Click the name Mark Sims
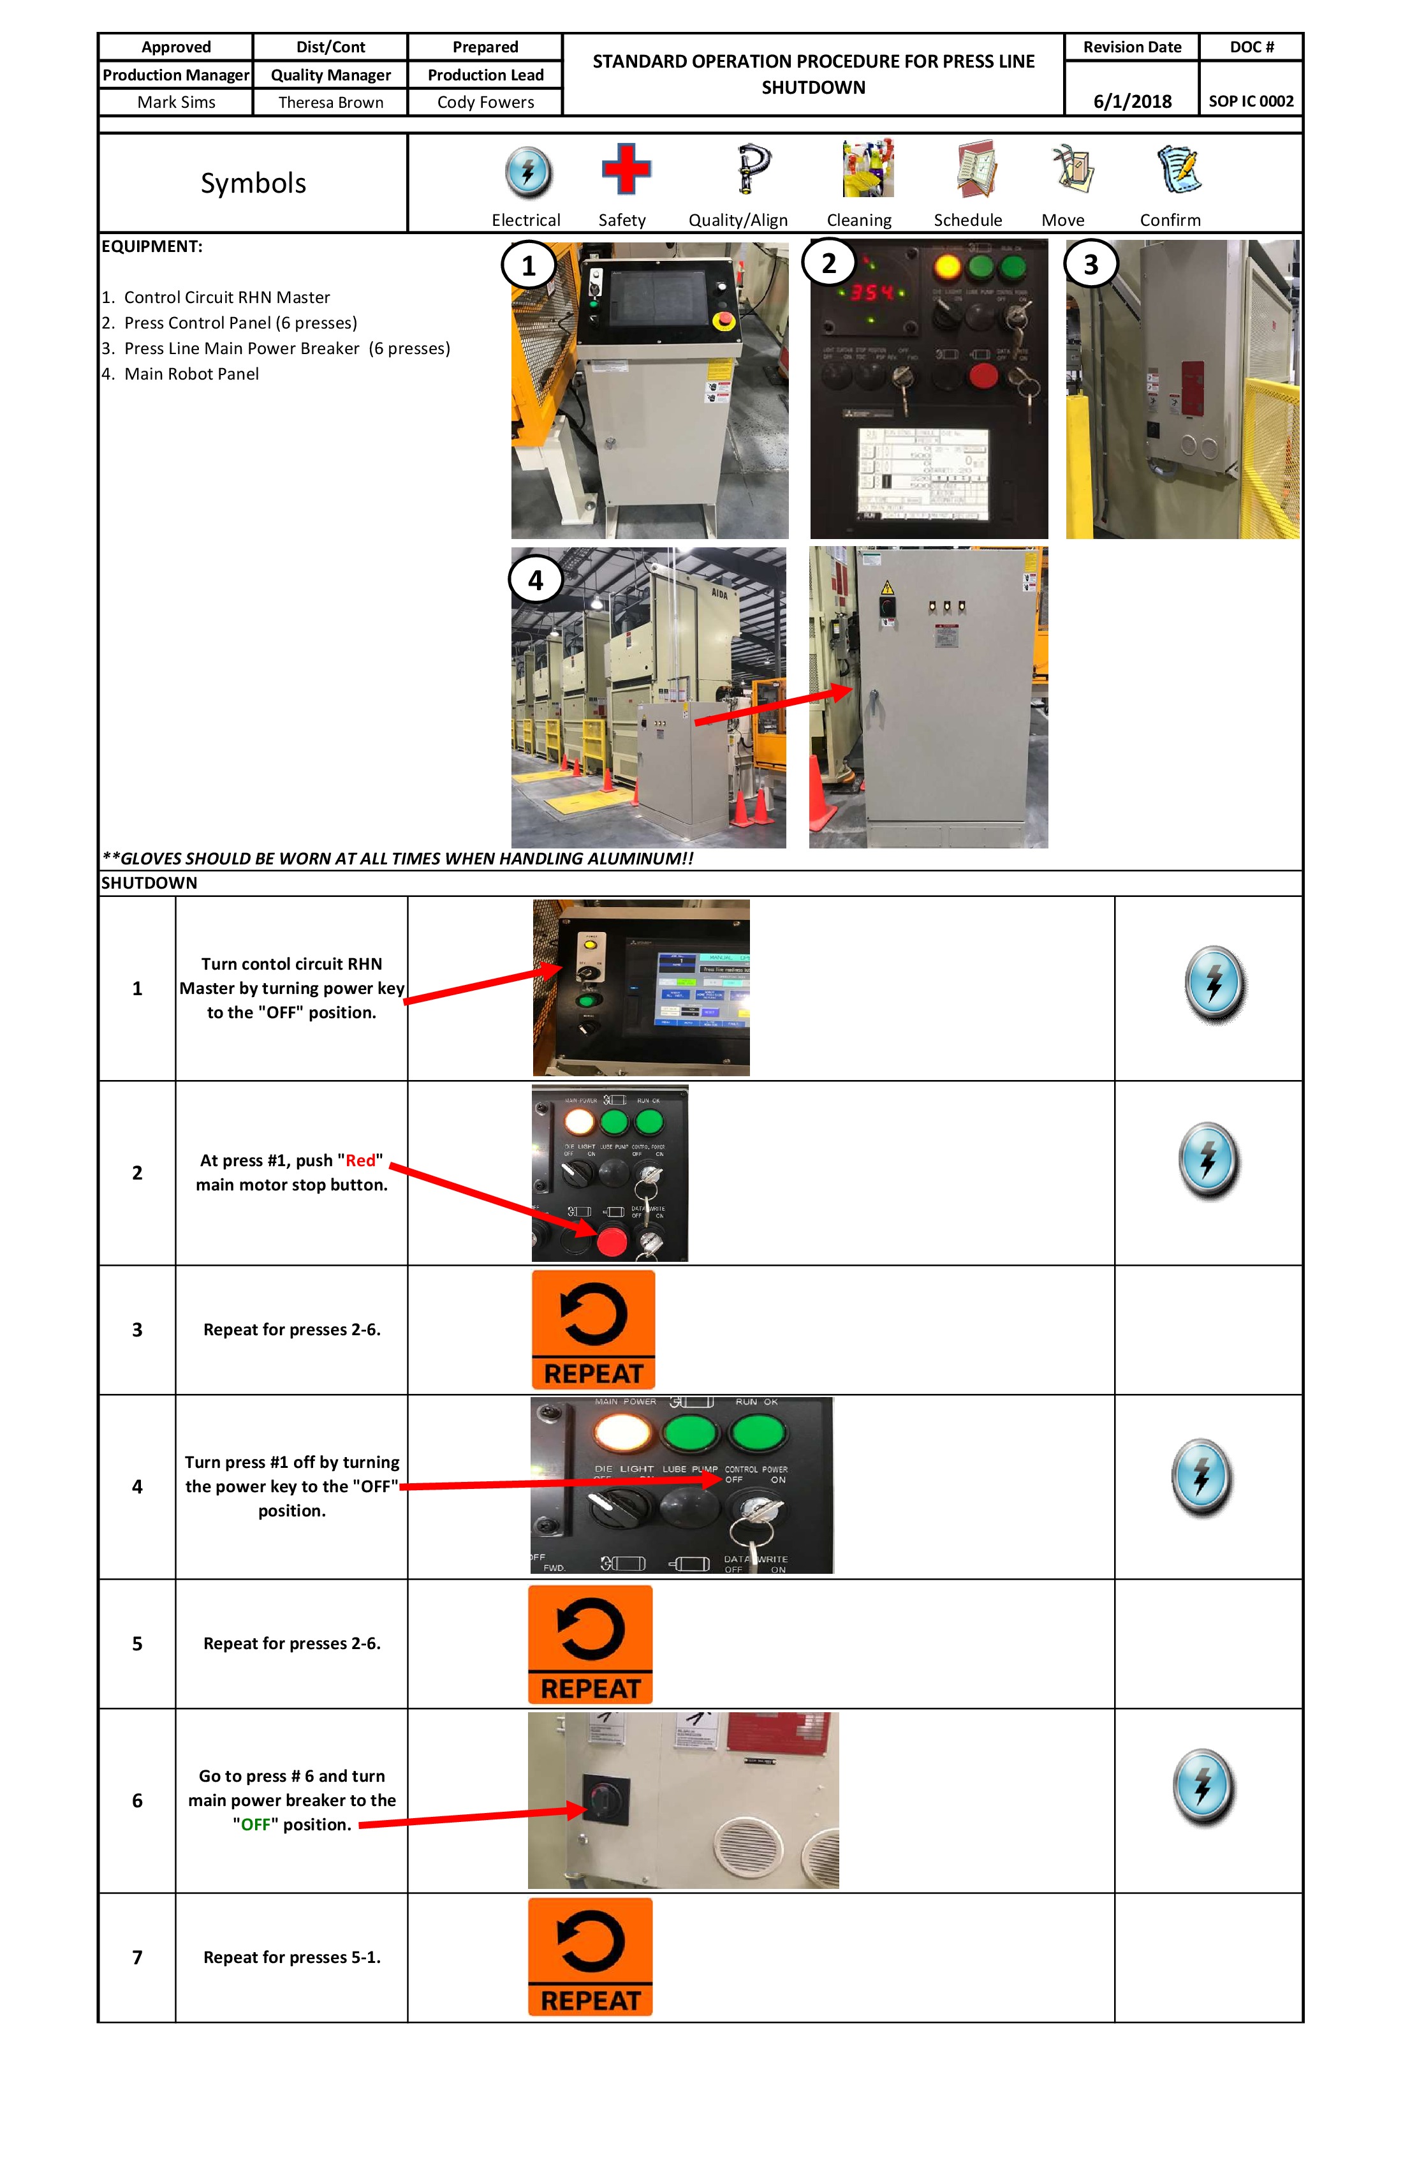click(176, 102)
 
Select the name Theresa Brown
click(331, 102)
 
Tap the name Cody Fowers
click(485, 102)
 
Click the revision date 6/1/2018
click(1133, 101)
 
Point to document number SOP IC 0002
click(1251, 101)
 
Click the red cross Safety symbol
click(626, 170)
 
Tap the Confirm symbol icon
click(1179, 170)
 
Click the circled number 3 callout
click(1091, 264)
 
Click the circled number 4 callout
click(536, 581)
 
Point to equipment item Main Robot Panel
click(191, 374)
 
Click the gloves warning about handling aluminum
click(398, 859)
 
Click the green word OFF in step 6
click(256, 1825)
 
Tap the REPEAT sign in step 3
click(593, 1329)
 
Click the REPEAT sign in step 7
click(591, 1957)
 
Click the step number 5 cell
click(138, 1643)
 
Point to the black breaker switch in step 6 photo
click(605, 1800)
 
